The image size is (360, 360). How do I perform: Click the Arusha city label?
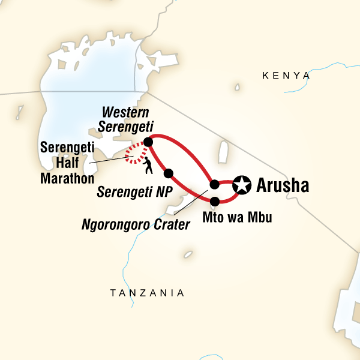coord(282,185)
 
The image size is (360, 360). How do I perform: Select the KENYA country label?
coord(287,76)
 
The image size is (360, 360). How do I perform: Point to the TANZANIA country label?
coord(146,293)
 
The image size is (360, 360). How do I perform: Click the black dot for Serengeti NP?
coord(169,173)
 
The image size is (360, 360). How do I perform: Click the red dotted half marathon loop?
coord(134,157)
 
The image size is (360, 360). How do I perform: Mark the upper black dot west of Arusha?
coord(215,184)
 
